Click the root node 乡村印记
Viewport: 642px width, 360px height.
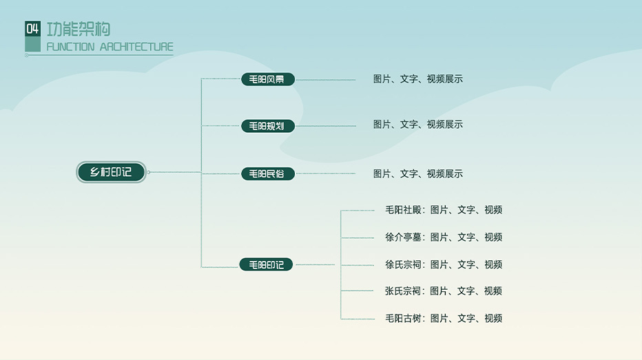click(111, 172)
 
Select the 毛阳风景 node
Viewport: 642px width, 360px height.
click(267, 79)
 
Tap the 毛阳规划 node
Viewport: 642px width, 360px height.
click(267, 126)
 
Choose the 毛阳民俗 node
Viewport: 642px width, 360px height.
click(267, 174)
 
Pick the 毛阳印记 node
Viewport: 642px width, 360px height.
click(266, 264)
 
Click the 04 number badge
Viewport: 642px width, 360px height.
click(32, 28)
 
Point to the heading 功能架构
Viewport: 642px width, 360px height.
click(79, 29)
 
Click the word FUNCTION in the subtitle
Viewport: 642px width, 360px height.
click(70, 47)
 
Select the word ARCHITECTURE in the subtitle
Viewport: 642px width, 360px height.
click(136, 47)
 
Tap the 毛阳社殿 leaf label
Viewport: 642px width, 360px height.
click(403, 210)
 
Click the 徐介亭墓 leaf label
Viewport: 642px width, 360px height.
click(403, 237)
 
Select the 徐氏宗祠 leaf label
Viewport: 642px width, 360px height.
click(403, 264)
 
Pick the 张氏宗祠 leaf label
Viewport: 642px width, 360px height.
click(403, 291)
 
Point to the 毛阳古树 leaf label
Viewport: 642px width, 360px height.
click(403, 318)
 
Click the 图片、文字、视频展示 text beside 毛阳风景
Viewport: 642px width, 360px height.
click(417, 79)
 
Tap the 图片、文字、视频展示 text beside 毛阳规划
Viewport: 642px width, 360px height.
click(417, 125)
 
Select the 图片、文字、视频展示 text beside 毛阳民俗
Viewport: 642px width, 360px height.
click(417, 174)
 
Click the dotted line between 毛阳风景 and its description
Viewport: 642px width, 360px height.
click(325, 80)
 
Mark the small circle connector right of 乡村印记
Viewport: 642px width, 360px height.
click(149, 172)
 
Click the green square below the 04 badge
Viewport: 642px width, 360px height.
click(32, 45)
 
